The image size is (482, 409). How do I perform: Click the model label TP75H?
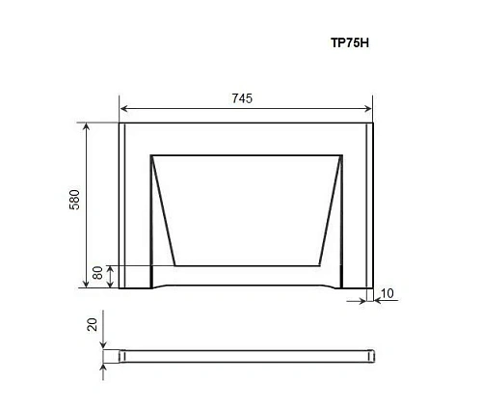pos(349,43)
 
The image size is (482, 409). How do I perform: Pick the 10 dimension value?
pos(387,292)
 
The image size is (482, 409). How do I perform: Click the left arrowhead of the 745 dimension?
pos(122,112)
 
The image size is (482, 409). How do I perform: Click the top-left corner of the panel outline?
pos(119,123)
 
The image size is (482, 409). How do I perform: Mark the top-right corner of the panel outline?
pos(372,123)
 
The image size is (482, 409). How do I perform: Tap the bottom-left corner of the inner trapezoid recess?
pos(174,264)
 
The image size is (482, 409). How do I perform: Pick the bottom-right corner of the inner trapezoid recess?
pos(319,264)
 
